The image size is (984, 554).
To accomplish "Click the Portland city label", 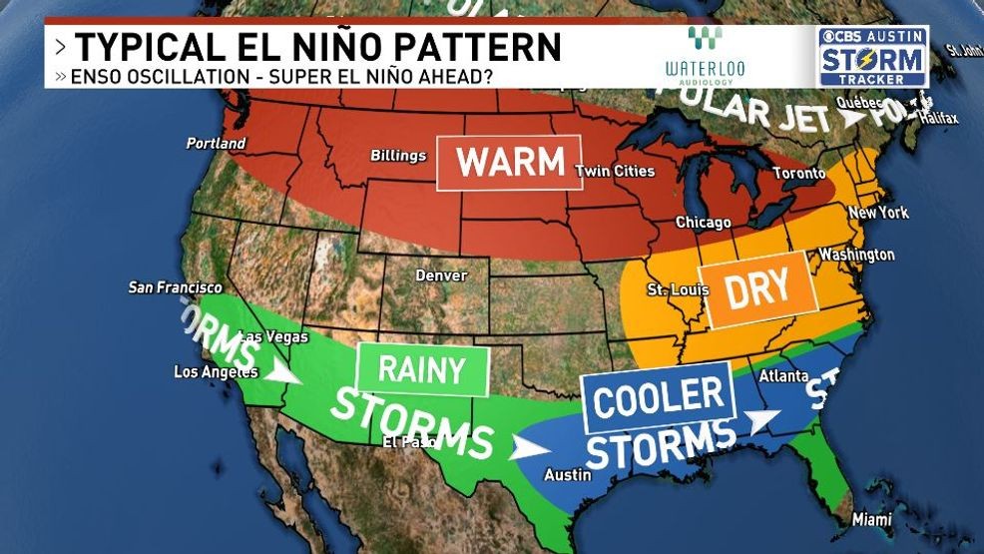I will click(216, 144).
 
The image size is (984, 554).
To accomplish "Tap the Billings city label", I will click(398, 156).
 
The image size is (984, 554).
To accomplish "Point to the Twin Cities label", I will click(615, 172).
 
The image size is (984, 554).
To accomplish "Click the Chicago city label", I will click(703, 223).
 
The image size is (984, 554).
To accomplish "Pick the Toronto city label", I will click(799, 174).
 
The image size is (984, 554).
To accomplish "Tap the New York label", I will click(878, 213).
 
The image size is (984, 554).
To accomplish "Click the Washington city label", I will click(856, 255).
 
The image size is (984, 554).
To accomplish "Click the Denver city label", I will click(441, 275).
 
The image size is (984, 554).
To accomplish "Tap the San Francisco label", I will click(176, 287).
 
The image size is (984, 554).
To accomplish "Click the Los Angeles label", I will click(216, 372).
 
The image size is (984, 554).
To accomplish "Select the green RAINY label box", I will click(421, 371).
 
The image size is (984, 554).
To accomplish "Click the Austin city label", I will click(565, 475).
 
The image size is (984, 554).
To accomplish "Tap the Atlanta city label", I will click(783, 377).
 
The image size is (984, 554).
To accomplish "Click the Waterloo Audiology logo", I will click(705, 55).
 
